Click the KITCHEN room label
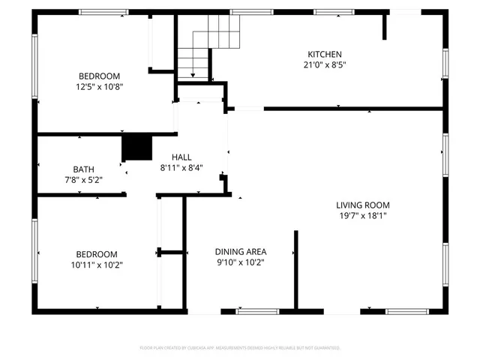coord(324,54)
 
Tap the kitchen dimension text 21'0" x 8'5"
coord(324,64)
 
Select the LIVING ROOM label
coord(362,205)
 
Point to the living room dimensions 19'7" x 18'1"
coord(362,216)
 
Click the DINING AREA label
coord(241,251)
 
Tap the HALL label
coord(181,157)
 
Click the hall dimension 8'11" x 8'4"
coord(181,168)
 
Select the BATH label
coord(84,169)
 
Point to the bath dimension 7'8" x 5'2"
coord(84,180)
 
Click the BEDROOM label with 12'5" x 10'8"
coord(100,76)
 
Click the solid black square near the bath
coord(136,147)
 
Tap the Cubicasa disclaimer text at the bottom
coord(240,348)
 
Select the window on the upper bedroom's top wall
coord(103,12)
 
